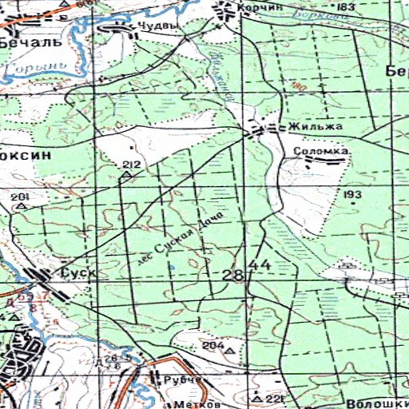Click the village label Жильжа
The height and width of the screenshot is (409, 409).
[316, 126]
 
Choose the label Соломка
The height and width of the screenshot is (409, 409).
[322, 149]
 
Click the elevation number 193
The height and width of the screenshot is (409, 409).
[352, 194]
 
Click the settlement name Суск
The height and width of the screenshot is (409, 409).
[78, 273]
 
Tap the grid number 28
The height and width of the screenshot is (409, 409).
[233, 276]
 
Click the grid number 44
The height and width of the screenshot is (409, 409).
[260, 264]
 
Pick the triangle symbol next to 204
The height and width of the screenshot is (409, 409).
[231, 350]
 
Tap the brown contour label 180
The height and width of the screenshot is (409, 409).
[299, 85]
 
